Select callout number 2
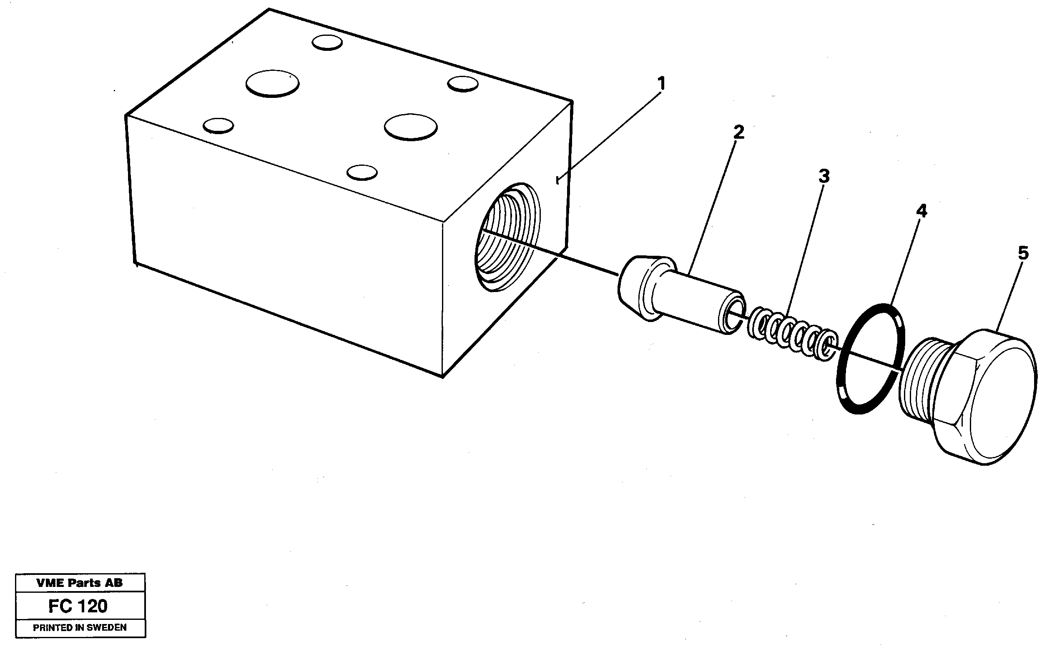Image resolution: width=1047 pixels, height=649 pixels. [738, 132]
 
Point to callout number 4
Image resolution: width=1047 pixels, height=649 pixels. [921, 211]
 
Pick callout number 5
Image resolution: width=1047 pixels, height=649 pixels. [1023, 253]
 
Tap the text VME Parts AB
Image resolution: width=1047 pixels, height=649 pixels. [80, 583]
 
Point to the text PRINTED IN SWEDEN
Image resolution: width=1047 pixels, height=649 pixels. [80, 627]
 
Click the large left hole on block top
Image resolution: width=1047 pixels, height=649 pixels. [272, 83]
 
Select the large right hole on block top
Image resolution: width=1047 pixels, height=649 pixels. [411, 127]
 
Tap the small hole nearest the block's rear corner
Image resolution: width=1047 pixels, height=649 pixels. [327, 42]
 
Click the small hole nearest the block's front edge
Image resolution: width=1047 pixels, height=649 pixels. [362, 172]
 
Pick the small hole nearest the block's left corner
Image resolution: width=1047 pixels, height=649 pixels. [218, 126]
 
